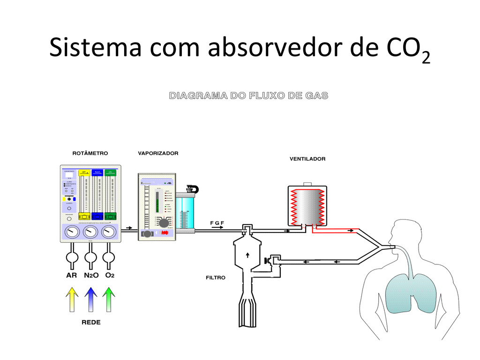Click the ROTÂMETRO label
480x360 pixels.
[x=90, y=153]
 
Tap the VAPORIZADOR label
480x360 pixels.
[x=158, y=153]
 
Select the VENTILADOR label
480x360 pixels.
[x=307, y=159]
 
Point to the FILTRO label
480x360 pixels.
[x=216, y=277]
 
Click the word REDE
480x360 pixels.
[x=90, y=322]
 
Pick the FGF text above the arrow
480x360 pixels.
[x=217, y=222]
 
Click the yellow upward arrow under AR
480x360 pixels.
[x=72, y=299]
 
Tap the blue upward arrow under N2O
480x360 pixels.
[x=91, y=299]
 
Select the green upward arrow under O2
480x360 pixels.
[x=109, y=299]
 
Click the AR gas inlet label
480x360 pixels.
[x=71, y=275]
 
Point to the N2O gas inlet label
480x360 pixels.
[x=91, y=275]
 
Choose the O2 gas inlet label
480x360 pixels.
[x=110, y=275]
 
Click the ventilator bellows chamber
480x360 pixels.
[x=307, y=205]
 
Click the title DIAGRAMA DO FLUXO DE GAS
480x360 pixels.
[x=248, y=96]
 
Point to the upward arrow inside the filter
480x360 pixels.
[x=247, y=255]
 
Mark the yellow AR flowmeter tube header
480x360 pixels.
[x=84, y=172]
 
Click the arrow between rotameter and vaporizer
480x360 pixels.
[x=127, y=230]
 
